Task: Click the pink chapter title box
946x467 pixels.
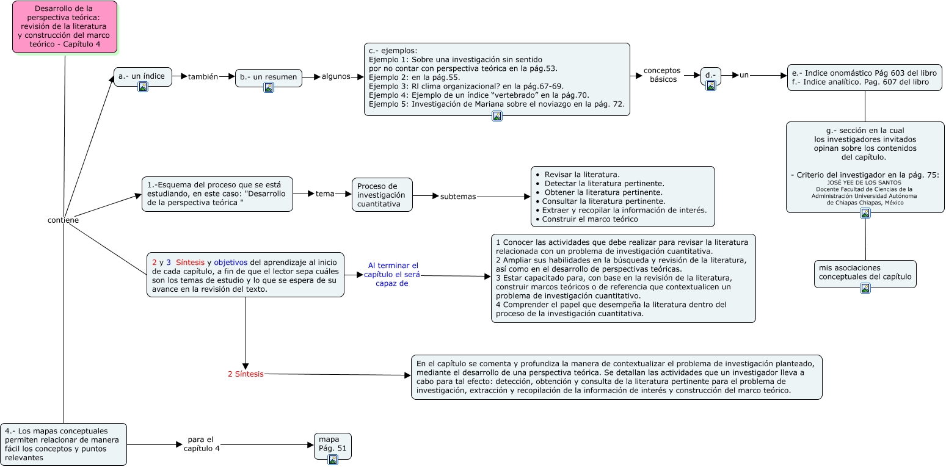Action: click(65, 27)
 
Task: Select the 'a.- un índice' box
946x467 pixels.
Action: click(143, 77)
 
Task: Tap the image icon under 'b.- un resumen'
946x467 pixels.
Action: click(269, 87)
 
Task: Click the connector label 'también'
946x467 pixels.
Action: click(203, 76)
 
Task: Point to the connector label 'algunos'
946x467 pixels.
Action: click(336, 76)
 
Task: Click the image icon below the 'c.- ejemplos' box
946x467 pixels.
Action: click(497, 116)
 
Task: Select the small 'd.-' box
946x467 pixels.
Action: click(711, 76)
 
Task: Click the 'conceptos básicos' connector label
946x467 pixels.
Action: click(662, 74)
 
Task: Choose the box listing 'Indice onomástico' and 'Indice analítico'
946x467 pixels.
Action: click(865, 78)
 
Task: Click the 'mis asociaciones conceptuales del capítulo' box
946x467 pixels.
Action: click(865, 274)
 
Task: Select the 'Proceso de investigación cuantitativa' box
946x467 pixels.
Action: click(382, 195)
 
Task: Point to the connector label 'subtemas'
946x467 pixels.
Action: click(458, 197)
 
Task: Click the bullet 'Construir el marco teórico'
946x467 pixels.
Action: click(587, 219)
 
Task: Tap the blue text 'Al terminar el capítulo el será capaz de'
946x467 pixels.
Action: click(392, 275)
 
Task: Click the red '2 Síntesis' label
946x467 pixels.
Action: click(246, 374)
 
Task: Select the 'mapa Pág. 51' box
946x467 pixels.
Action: click(333, 446)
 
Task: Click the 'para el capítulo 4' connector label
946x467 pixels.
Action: click(202, 444)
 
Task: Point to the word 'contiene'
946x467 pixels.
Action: click(64, 220)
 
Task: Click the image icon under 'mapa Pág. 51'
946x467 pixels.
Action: click(333, 460)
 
